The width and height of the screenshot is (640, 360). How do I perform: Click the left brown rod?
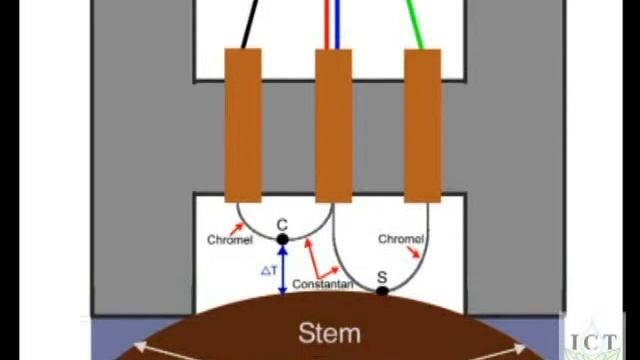pyautogui.click(x=243, y=125)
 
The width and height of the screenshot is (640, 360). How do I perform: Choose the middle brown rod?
pyautogui.click(x=333, y=125)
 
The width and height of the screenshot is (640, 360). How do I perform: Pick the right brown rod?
pyautogui.click(x=422, y=125)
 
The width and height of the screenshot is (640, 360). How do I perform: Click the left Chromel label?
pyautogui.click(x=229, y=240)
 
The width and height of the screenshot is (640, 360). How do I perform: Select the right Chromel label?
pyautogui.click(x=400, y=239)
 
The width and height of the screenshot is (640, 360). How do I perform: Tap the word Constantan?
pyautogui.click(x=323, y=284)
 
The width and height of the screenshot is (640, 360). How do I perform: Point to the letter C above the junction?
pyautogui.click(x=282, y=226)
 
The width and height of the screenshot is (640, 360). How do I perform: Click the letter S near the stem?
pyautogui.click(x=381, y=277)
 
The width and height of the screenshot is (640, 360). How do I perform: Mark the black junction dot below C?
pyautogui.click(x=282, y=239)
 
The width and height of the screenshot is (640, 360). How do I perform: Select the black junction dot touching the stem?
pyautogui.click(x=382, y=291)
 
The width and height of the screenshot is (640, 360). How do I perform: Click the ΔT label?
pyautogui.click(x=268, y=270)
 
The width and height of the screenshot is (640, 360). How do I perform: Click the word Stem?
pyautogui.click(x=329, y=333)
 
